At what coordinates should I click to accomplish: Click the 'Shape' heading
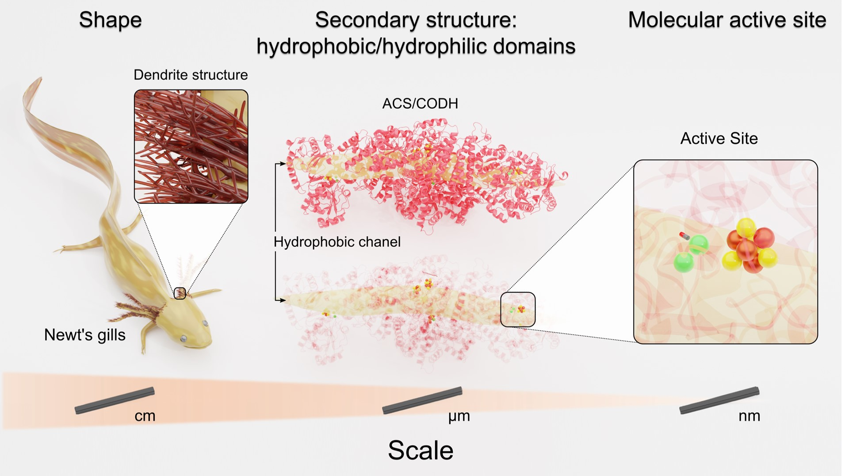[110, 20]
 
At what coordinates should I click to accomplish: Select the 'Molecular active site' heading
[727, 20]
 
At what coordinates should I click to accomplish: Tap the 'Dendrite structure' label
[191, 75]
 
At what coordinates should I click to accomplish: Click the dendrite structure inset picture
[191, 146]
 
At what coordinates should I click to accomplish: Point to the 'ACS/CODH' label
[420, 104]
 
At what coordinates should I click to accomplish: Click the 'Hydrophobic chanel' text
[337, 242]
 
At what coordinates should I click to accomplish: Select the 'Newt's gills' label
[85, 335]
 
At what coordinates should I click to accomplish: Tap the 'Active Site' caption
[719, 138]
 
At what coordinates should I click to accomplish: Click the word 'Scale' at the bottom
[421, 450]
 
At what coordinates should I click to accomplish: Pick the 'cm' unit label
[145, 416]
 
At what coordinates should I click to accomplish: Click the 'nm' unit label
[749, 416]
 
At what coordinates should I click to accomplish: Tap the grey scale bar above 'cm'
[115, 400]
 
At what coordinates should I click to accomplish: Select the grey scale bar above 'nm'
[719, 400]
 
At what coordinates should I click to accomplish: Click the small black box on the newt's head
[180, 293]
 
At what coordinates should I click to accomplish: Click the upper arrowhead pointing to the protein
[283, 164]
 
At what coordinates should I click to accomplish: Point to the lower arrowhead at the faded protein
[283, 300]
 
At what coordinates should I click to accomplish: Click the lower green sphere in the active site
[684, 262]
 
